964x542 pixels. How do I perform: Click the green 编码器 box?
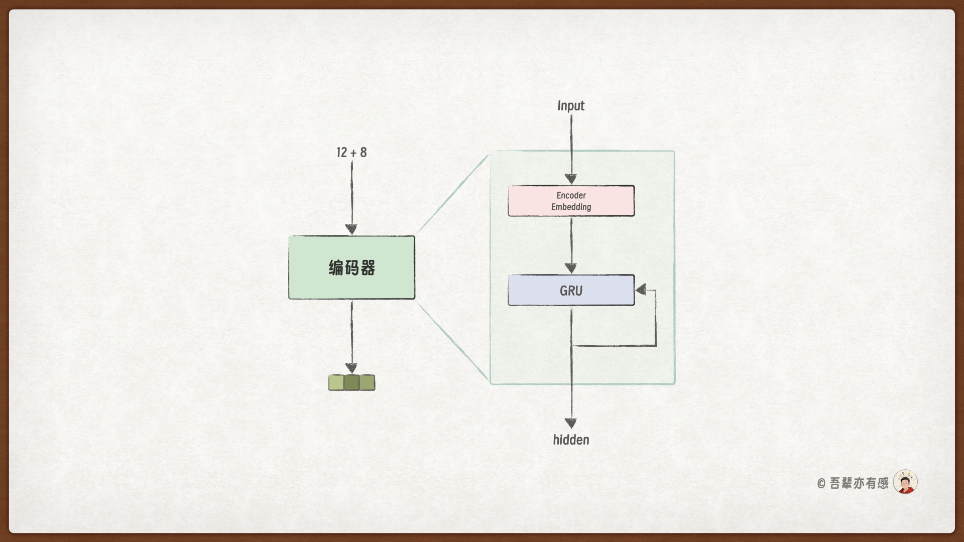point(351,267)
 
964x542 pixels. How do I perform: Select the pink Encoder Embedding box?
point(571,201)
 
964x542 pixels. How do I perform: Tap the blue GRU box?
point(571,290)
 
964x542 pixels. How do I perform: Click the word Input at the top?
point(571,106)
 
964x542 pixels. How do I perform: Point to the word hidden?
point(571,440)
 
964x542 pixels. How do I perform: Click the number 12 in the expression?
point(341,153)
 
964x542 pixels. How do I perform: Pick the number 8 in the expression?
point(364,153)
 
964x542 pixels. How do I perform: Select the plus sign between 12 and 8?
point(353,153)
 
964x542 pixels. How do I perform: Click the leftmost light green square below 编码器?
point(336,382)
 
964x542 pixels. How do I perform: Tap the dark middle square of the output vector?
point(351,382)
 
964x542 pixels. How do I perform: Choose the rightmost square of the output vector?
point(367,382)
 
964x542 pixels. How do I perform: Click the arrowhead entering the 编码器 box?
point(351,229)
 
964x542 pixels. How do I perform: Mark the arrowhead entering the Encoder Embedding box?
point(571,179)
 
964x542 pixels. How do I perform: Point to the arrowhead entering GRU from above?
point(571,268)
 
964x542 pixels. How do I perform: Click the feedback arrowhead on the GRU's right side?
point(641,290)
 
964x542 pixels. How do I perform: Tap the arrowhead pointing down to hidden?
point(571,423)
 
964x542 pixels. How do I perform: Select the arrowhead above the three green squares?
point(351,368)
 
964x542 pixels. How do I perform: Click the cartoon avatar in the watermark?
point(905,482)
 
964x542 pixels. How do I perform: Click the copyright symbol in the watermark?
point(821,484)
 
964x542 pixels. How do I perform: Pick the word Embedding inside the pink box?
point(571,207)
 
